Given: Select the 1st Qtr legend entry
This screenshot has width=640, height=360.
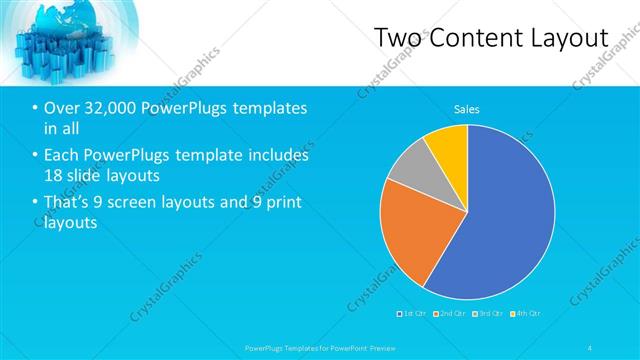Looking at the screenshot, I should [413, 314].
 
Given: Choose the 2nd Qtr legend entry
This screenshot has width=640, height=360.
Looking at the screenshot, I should [449, 314].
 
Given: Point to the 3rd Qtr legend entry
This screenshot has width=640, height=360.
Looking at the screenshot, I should [486, 314].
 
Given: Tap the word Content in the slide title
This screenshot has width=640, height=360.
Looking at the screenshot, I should [479, 37].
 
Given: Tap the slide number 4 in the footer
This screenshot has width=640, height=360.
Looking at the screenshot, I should [591, 348].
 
